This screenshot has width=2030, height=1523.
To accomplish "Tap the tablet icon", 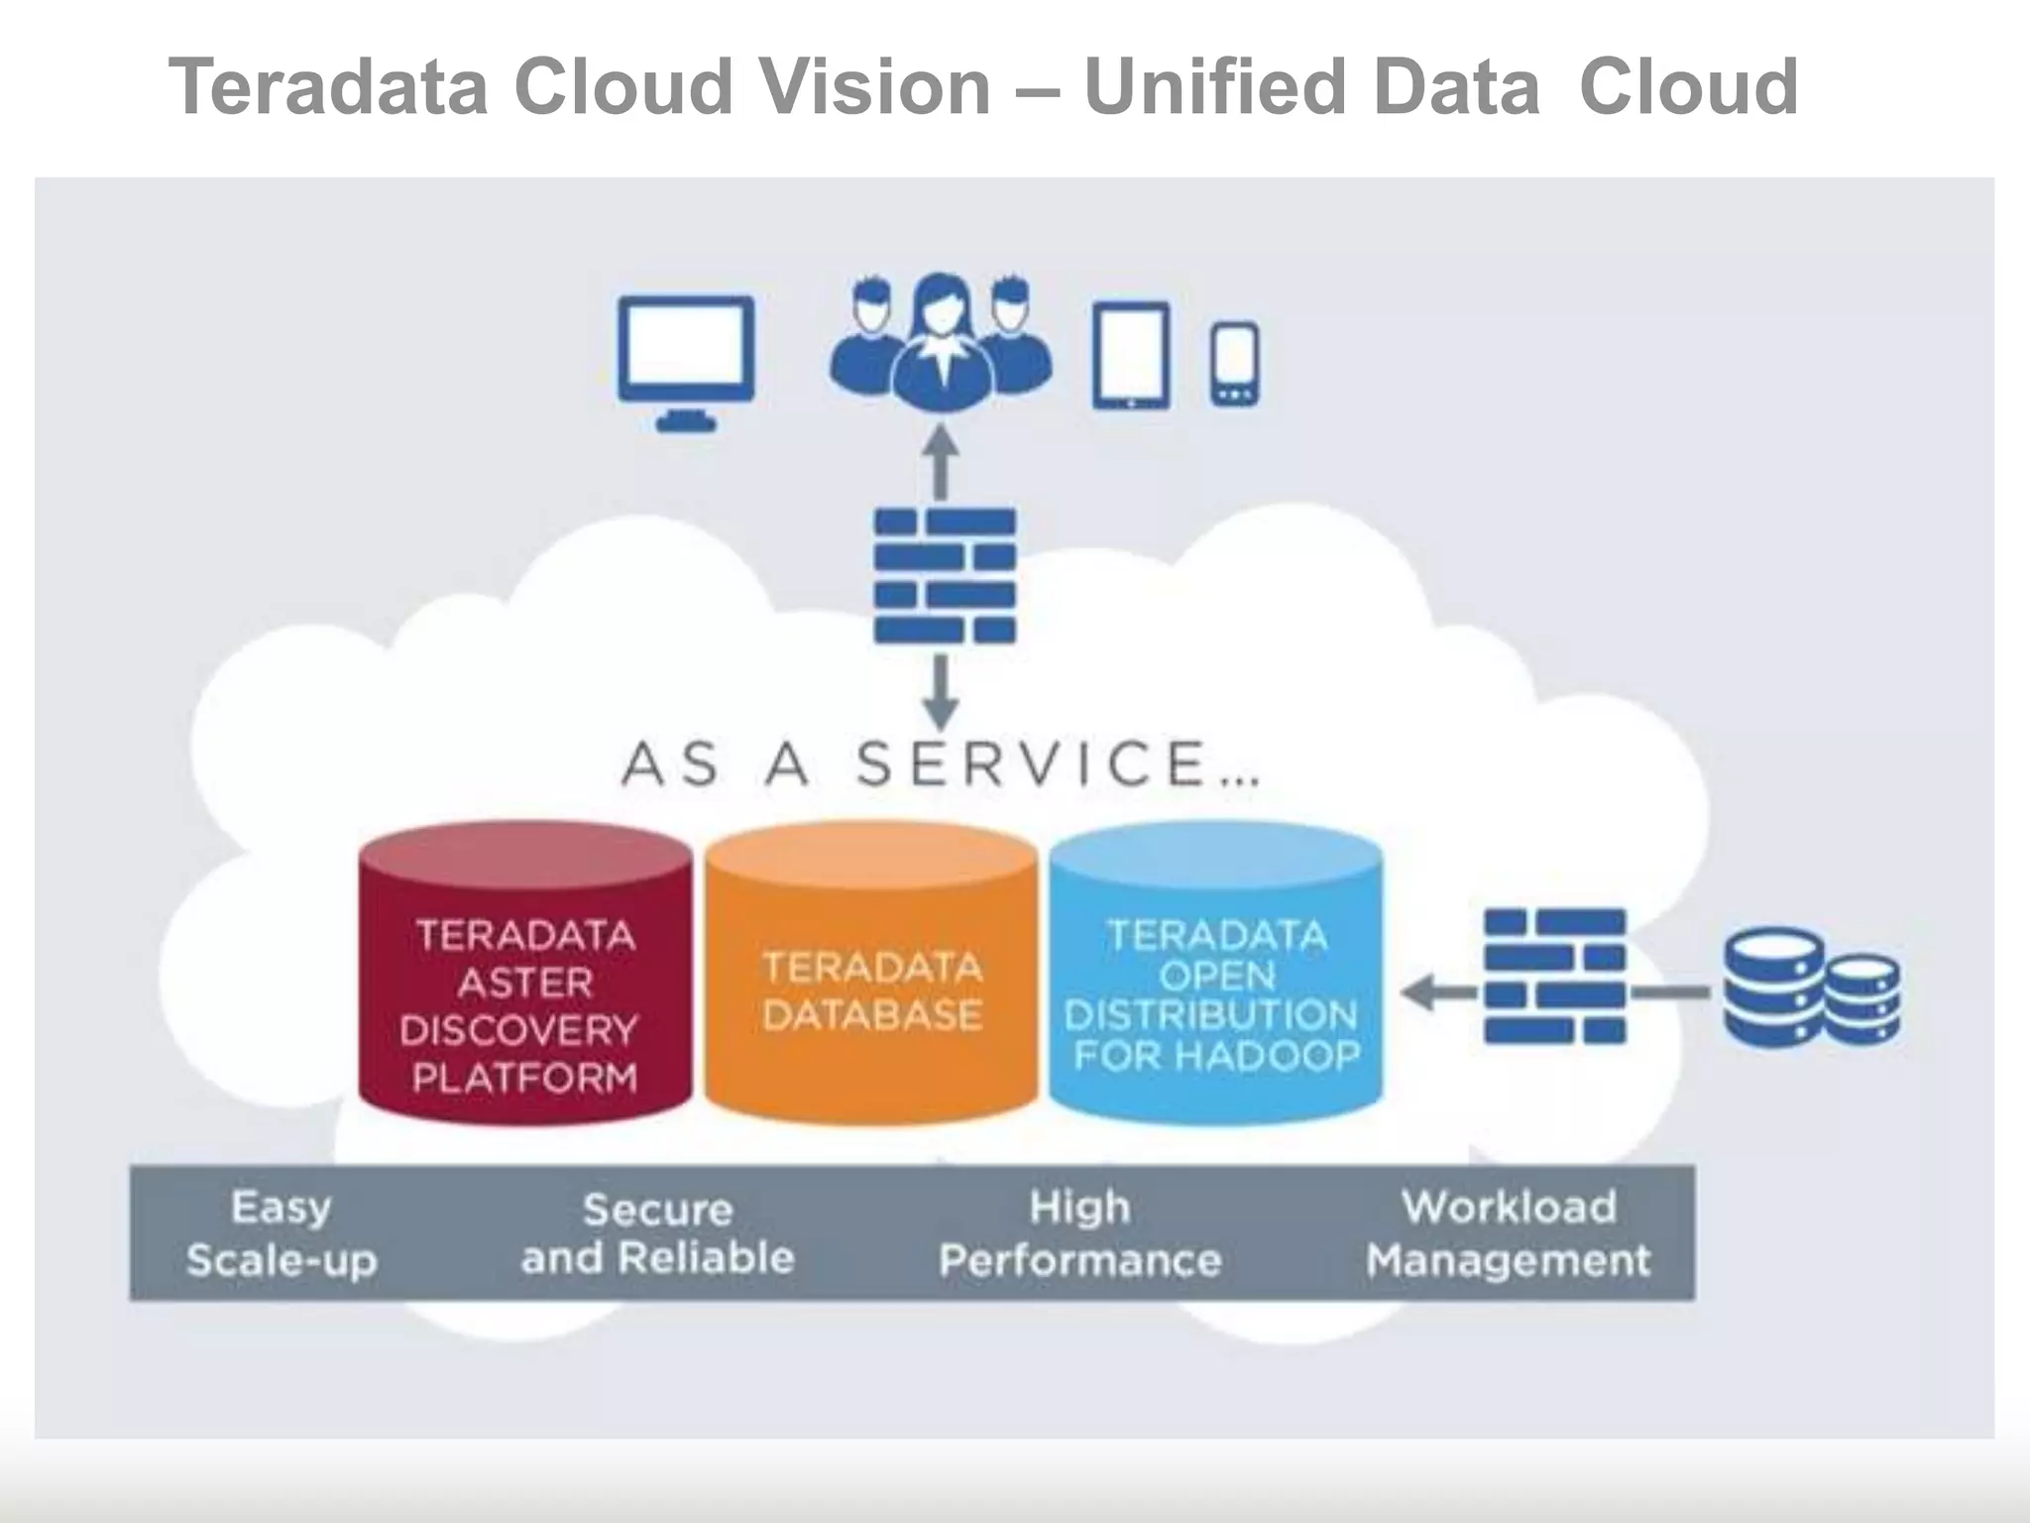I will pos(1131,355).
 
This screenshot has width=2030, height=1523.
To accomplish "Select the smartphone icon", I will pos(1235,363).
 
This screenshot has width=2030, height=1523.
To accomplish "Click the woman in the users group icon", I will pos(941,342).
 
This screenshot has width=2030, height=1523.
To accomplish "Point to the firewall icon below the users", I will pos(945,576).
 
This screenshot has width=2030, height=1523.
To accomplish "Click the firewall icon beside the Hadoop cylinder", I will pos(1554,977).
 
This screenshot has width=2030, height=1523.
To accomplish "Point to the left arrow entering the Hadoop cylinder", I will pos(1437,992).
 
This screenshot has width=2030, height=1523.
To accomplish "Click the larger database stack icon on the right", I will pos(1773,987).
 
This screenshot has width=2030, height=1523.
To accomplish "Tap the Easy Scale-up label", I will pos(282,1232).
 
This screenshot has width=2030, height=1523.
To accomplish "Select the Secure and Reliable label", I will pos(658,1232).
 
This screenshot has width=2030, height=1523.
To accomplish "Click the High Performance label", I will pos(1079,1232).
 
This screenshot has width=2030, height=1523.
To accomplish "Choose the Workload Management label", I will pos(1509,1232).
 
